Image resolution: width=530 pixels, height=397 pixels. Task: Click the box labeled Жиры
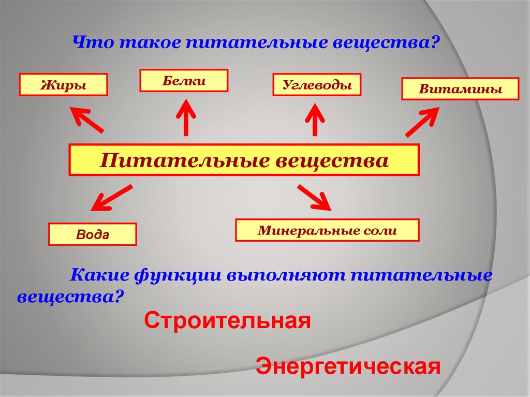(x=63, y=85)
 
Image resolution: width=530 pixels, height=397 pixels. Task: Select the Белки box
(x=184, y=81)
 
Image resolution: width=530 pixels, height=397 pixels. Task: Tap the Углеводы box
(x=317, y=85)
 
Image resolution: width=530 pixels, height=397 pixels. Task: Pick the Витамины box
(x=460, y=89)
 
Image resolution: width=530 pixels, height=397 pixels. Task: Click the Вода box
(x=93, y=234)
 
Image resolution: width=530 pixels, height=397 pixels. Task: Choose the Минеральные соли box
(x=327, y=230)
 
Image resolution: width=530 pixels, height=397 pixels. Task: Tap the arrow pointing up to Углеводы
(x=314, y=119)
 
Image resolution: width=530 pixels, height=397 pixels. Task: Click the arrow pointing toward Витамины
(x=422, y=122)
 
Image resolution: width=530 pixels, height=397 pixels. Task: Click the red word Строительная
(x=227, y=321)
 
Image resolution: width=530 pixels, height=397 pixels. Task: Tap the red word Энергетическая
(x=348, y=366)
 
